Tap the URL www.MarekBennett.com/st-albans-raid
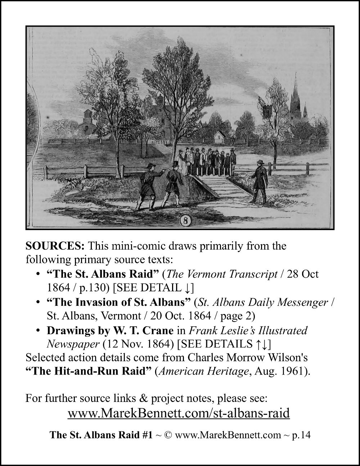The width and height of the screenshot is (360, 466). tap(179, 413)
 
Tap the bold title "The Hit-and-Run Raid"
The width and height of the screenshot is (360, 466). tap(89, 371)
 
